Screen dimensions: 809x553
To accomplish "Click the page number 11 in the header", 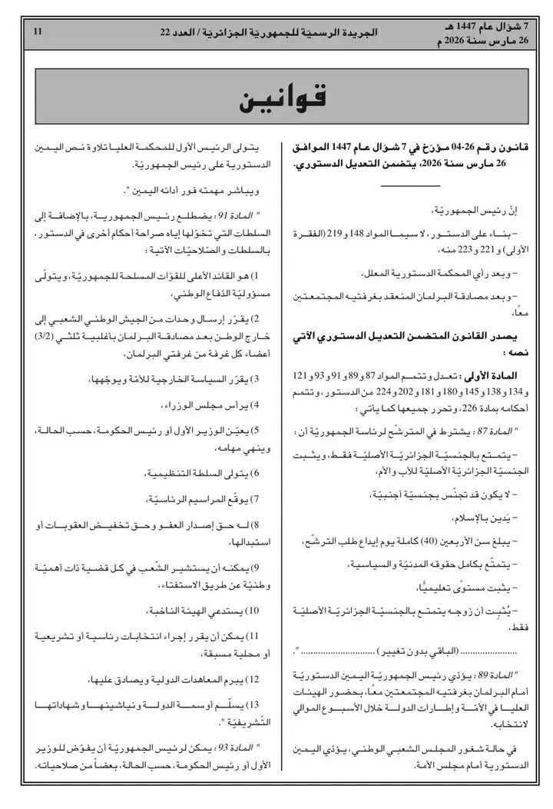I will (38, 31).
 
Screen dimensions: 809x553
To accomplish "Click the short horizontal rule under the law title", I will (410, 185).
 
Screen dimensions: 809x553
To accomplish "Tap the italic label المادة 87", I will (489, 432).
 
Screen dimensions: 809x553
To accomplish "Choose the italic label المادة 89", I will (489, 676).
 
